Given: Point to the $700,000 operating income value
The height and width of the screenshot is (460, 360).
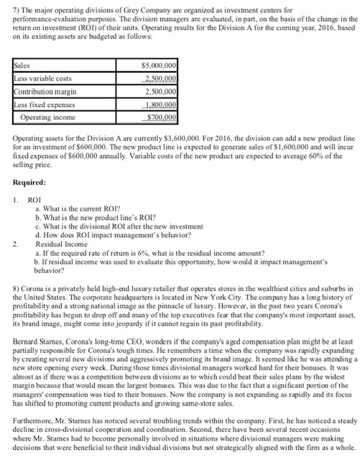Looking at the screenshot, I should pos(161,115).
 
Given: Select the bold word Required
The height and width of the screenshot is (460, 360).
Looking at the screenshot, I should pos(31,183).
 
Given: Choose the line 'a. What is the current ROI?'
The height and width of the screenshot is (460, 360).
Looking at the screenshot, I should pos(80,206).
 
